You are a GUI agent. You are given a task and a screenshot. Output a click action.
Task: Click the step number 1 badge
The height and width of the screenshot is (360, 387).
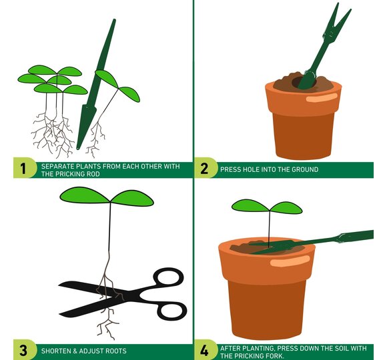tap(24, 168)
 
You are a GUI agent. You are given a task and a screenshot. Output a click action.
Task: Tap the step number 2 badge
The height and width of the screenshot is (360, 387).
tap(205, 168)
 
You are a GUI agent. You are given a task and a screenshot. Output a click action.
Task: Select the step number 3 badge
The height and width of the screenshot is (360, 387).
tap(24, 350)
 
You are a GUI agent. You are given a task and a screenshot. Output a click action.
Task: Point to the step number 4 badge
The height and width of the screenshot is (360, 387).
tap(205, 350)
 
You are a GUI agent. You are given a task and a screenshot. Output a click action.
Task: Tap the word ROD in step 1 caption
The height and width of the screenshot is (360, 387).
tap(94, 174)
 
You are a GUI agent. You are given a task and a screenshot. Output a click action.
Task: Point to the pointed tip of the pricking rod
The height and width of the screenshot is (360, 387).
tap(78, 149)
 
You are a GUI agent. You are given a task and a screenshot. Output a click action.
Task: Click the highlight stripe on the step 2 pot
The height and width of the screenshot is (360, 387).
tap(322, 98)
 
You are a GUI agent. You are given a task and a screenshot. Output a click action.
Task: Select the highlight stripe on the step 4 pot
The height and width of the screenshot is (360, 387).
tap(290, 261)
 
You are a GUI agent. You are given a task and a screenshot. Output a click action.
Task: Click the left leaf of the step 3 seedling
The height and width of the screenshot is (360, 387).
tap(85, 195)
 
